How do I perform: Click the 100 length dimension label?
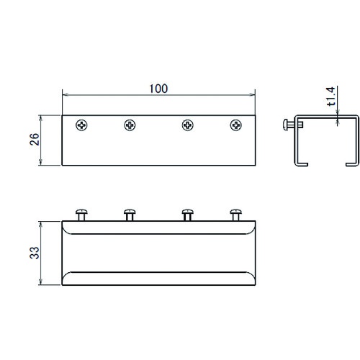[x=158, y=89]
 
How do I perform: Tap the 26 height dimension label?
[x=35, y=139]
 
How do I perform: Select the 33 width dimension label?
[x=35, y=253]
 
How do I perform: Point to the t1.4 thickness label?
[x=331, y=96]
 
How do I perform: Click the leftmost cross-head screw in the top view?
[x=81, y=125]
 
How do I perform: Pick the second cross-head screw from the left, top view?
[x=130, y=125]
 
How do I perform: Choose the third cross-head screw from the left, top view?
[x=188, y=125]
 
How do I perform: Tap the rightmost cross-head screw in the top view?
[x=236, y=125]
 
